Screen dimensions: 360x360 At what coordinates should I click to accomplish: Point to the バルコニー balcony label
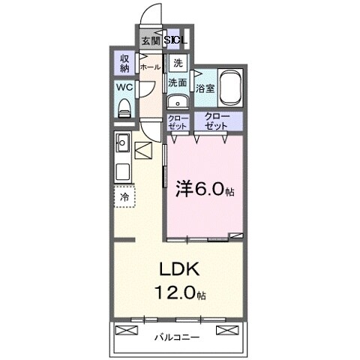[x=178, y=337]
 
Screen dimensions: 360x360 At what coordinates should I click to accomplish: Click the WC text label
[x=125, y=86]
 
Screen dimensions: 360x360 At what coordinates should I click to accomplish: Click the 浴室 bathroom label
[x=204, y=88]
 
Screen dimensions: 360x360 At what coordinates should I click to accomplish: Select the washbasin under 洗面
[x=178, y=103]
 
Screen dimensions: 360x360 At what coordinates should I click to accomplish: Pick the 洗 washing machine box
[x=177, y=63]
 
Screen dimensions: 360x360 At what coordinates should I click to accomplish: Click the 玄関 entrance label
[x=150, y=40]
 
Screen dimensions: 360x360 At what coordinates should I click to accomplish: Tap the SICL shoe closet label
[x=177, y=40]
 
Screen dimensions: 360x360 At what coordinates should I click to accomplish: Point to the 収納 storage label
[x=124, y=62]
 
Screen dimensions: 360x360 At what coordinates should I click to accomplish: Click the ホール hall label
[x=149, y=66]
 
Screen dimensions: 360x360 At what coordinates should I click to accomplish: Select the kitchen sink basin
[x=124, y=142]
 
